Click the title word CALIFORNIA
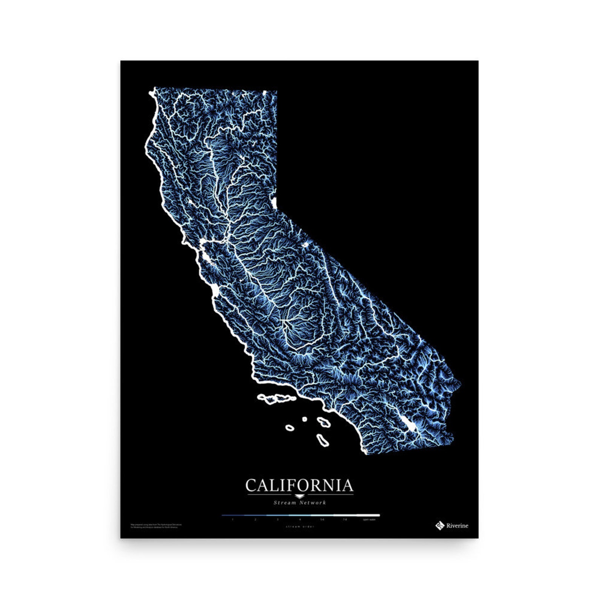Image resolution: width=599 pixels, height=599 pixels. click(299, 485)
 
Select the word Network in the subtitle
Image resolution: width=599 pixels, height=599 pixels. click(313, 502)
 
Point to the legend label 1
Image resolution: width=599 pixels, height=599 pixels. click(233, 519)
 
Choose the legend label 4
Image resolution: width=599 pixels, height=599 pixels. click(300, 519)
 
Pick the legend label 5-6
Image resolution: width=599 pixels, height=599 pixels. click(322, 519)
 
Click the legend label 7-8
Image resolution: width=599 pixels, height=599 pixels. click(345, 519)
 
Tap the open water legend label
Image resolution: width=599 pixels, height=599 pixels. click(369, 519)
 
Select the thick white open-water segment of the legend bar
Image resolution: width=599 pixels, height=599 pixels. click(369, 515)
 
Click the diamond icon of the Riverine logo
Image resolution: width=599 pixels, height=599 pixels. click(439, 525)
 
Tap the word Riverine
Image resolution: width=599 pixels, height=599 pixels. click(457, 526)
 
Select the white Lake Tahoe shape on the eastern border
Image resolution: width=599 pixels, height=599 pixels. click(275, 203)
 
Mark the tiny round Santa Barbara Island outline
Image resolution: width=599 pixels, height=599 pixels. click(304, 419)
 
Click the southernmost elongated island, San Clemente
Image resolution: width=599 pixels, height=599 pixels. click(323, 440)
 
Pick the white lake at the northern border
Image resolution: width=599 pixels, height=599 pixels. click(265, 92)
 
